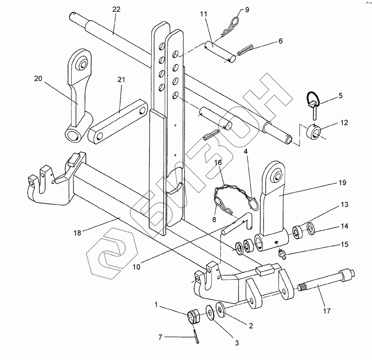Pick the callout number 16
click(x=218, y=162)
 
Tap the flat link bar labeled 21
click(x=119, y=121)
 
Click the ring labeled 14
click(x=312, y=228)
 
